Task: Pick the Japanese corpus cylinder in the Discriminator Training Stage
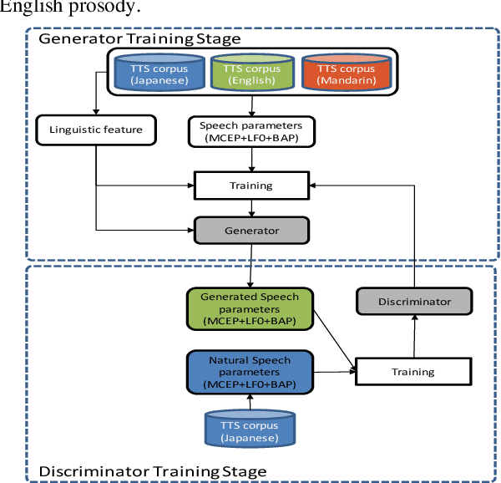pos(251,428)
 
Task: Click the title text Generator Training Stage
pos(140,38)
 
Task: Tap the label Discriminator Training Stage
pos(153,472)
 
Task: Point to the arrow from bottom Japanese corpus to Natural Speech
pos(251,401)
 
